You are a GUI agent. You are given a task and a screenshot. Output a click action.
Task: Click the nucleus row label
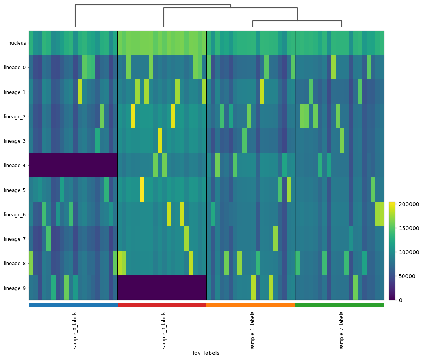pos(17,43)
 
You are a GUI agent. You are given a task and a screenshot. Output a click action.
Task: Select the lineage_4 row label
pos(15,166)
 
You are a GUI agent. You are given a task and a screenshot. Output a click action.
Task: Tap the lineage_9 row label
pos(15,288)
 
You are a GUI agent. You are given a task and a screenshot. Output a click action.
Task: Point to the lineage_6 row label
pos(15,215)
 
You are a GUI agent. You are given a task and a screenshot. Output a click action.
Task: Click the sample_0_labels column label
pos(75,330)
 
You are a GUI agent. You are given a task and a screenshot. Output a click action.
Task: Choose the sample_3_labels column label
pos(164,330)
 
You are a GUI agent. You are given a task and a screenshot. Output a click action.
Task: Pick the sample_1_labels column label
pos(252,330)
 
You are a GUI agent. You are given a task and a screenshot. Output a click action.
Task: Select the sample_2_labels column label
pos(341,330)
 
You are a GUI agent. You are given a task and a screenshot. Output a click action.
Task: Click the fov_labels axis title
pos(206,353)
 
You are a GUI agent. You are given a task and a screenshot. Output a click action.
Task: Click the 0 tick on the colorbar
pos(400,300)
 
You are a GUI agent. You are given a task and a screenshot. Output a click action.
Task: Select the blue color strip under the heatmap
pos(73,305)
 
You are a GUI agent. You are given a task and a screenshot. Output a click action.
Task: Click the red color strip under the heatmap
pos(162,305)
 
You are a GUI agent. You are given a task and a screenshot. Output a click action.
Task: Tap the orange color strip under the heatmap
pos(251,305)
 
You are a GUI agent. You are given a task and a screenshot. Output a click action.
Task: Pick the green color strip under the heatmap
pos(340,305)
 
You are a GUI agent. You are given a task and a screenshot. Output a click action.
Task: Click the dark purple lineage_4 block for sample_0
pos(73,165)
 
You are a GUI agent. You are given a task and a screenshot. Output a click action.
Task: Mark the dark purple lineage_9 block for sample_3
pos(162,288)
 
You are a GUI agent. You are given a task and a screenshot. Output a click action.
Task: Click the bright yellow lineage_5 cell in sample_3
pos(142,189)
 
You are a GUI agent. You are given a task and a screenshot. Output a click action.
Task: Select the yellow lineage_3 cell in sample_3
pos(160,140)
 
